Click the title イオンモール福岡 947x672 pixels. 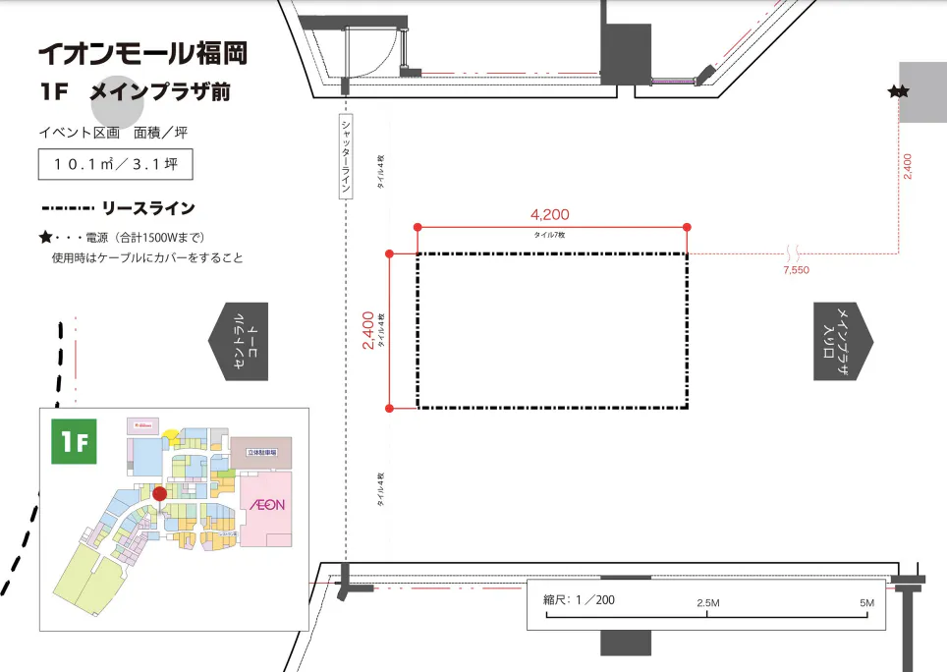click(x=142, y=52)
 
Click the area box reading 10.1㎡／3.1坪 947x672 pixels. click(x=115, y=165)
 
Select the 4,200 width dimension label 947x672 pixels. click(x=549, y=214)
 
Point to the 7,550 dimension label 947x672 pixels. click(x=796, y=269)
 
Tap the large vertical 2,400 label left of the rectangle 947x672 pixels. click(x=367, y=331)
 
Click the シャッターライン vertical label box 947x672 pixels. click(x=345, y=157)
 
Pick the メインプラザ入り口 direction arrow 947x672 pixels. click(x=843, y=341)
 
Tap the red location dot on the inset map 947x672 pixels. click(x=159, y=494)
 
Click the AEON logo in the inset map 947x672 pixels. click(x=265, y=505)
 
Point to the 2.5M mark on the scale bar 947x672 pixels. click(x=708, y=602)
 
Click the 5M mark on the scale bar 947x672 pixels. click(x=866, y=602)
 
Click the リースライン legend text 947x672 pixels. click(x=155, y=208)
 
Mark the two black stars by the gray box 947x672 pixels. click(x=898, y=92)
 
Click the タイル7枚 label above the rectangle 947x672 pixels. click(x=549, y=236)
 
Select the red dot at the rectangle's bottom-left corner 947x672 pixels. click(x=390, y=408)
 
